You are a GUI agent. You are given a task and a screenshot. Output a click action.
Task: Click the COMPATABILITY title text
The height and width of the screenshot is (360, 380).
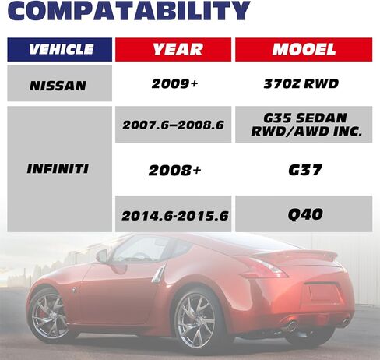(128, 10)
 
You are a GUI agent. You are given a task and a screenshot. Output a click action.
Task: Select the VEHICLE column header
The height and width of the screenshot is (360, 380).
(60, 50)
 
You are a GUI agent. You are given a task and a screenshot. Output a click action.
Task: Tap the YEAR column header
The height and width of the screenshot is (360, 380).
(173, 50)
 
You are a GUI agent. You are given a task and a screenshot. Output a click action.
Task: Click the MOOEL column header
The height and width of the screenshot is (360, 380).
(304, 50)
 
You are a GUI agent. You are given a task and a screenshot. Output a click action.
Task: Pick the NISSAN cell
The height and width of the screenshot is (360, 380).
(60, 83)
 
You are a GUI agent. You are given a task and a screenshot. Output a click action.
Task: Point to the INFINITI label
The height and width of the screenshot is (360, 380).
(58, 169)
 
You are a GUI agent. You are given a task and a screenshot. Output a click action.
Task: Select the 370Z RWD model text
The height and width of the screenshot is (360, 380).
(301, 84)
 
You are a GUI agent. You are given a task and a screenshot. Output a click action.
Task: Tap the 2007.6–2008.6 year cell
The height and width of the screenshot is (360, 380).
(173, 125)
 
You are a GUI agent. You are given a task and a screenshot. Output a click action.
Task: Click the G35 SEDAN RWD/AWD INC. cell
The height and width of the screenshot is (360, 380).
(304, 125)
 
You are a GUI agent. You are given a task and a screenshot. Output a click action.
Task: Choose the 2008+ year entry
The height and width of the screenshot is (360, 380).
(174, 171)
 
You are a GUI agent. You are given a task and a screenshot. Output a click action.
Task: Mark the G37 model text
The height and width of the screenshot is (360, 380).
(305, 171)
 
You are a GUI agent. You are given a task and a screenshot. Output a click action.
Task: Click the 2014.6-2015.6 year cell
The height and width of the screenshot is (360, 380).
(173, 214)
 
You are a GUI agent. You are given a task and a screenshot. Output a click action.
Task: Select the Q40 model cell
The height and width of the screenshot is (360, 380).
(304, 214)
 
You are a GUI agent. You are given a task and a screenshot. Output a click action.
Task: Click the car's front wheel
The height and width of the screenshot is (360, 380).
(49, 316)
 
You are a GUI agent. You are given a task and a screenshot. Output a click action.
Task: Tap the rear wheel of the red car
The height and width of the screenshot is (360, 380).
(195, 319)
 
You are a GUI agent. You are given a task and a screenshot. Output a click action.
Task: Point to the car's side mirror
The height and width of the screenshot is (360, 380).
(103, 256)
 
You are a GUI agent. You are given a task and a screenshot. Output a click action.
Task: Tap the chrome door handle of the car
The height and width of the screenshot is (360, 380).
(159, 274)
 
